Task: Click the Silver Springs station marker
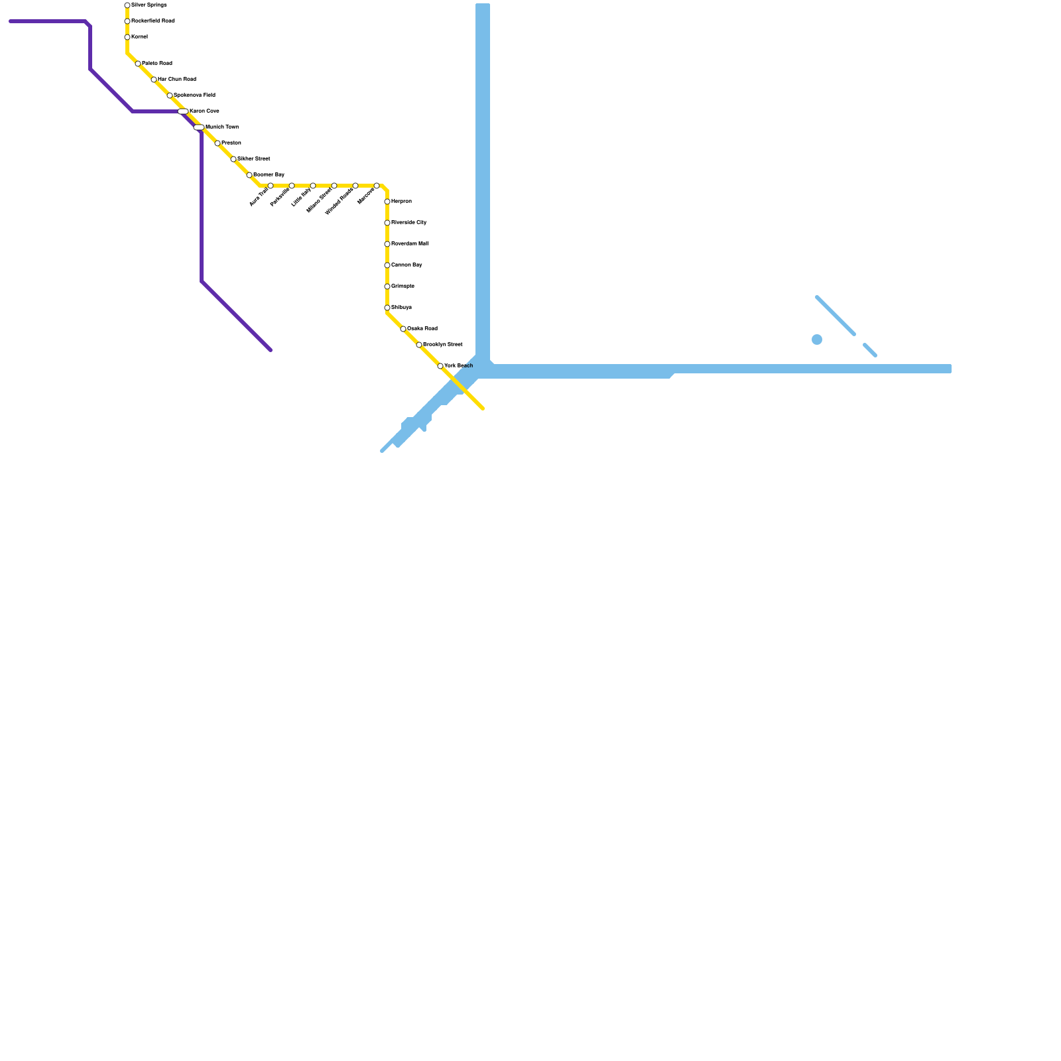(127, 5)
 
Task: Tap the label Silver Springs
(149, 5)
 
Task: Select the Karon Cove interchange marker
(183, 111)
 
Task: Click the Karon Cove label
(204, 111)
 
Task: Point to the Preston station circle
(218, 143)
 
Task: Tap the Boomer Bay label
(269, 175)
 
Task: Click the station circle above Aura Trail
(271, 186)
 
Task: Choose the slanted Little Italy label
(302, 197)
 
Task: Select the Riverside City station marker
(387, 223)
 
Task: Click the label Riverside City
(409, 223)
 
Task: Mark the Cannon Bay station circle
(387, 265)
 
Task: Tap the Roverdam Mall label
(410, 244)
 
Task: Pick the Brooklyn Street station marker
(419, 345)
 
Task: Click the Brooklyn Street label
(443, 345)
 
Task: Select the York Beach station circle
(440, 366)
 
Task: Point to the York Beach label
(459, 366)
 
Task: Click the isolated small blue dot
(817, 340)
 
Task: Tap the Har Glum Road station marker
(154, 80)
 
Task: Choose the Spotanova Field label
(194, 95)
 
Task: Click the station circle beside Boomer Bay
(249, 175)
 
